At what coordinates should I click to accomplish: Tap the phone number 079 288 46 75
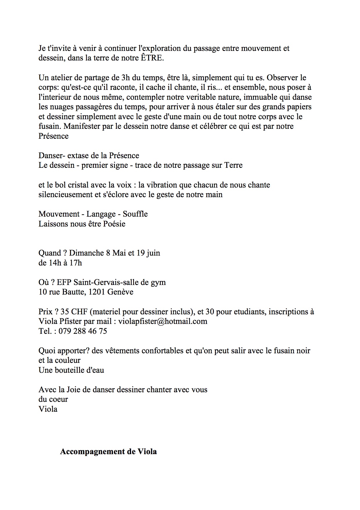tap(83, 331)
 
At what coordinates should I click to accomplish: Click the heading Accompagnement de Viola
tap(108, 452)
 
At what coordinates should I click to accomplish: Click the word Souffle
tap(135, 214)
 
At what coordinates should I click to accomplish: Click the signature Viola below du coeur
tap(48, 409)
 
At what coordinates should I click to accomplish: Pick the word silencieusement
tap(65, 195)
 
